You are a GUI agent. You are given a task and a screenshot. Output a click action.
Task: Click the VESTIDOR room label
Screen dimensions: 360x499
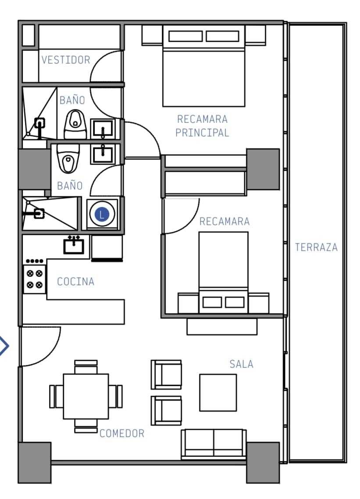66,60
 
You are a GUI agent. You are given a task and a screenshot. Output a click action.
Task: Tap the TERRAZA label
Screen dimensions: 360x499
316,247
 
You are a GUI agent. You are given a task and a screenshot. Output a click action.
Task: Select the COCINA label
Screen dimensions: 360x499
76,281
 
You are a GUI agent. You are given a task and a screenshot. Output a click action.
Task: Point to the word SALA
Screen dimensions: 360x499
241,364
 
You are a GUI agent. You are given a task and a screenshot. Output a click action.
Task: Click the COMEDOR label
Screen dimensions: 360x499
122,433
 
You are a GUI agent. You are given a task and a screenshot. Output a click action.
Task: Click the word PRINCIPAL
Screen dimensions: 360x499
202,133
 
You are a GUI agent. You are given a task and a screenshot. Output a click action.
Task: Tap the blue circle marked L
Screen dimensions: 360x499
102,214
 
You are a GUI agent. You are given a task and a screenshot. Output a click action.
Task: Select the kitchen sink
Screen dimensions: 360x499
74,245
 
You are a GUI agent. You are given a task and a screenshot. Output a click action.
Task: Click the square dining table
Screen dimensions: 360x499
86,396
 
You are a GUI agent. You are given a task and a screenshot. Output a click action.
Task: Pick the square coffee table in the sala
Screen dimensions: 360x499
218,393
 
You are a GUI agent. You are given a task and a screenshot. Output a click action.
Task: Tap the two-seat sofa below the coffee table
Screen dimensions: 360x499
214,444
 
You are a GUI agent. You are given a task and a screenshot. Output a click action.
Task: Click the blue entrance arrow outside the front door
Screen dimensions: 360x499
4,345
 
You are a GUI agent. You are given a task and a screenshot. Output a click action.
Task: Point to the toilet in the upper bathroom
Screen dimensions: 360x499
75,124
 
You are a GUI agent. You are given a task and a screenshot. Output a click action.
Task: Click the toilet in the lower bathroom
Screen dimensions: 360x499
68,158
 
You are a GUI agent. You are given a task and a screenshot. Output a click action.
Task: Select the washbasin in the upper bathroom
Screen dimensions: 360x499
103,129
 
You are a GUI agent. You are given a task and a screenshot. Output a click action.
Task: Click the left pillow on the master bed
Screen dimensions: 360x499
185,36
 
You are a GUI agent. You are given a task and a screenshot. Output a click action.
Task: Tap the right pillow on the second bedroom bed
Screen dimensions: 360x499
235,302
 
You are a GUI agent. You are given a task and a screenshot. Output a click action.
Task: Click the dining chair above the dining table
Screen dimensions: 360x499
86,367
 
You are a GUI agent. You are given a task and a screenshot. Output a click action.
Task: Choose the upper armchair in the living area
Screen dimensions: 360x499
166,374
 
